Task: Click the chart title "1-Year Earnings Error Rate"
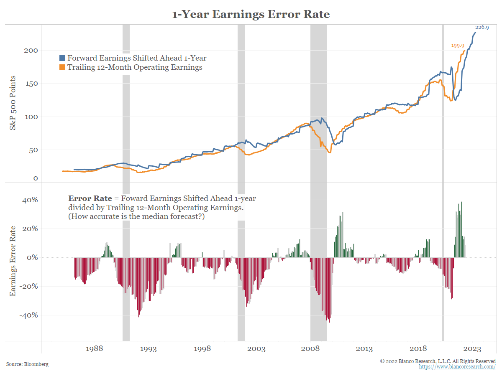click(251, 15)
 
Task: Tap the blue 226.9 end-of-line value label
click(482, 27)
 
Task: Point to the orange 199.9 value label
click(458, 46)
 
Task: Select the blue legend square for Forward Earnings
click(62, 58)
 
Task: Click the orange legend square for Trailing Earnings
click(62, 67)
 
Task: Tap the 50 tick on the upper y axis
click(34, 150)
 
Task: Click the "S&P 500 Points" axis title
click(13, 103)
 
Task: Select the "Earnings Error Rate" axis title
click(13, 261)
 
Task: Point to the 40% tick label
click(30, 200)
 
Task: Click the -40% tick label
click(28, 315)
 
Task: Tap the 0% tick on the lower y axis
click(32, 258)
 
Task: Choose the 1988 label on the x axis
click(94, 349)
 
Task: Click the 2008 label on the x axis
click(310, 349)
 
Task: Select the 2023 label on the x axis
click(472, 349)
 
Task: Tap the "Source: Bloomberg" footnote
click(27, 364)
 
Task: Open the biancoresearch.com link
click(457, 367)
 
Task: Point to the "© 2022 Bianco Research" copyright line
click(438, 361)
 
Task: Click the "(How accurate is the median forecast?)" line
click(136, 217)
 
